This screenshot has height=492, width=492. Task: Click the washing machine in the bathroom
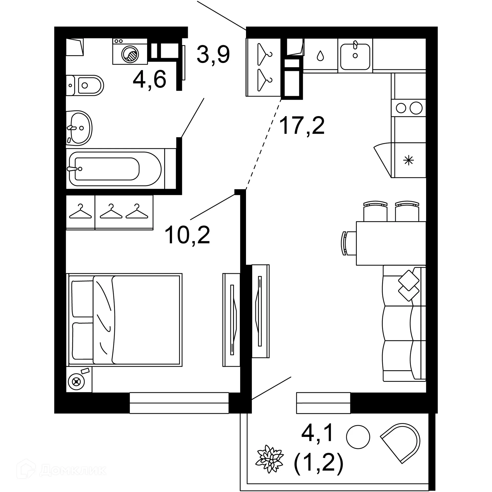tap(130, 52)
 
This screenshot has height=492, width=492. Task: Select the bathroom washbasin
tap(79, 128)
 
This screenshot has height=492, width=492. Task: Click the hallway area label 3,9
tap(213, 55)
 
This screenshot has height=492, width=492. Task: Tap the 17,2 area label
tap(302, 126)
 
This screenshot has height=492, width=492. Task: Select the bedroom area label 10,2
tap(187, 235)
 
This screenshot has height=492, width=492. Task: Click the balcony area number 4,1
tap(317, 433)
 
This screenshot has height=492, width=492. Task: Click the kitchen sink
tap(355, 55)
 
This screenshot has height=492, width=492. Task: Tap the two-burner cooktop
tap(409, 108)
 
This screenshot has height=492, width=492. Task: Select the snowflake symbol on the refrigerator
tap(408, 161)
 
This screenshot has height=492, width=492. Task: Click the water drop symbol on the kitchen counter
tap(320, 56)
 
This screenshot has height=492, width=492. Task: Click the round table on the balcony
tap(358, 437)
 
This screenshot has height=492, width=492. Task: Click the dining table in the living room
tap(391, 243)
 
